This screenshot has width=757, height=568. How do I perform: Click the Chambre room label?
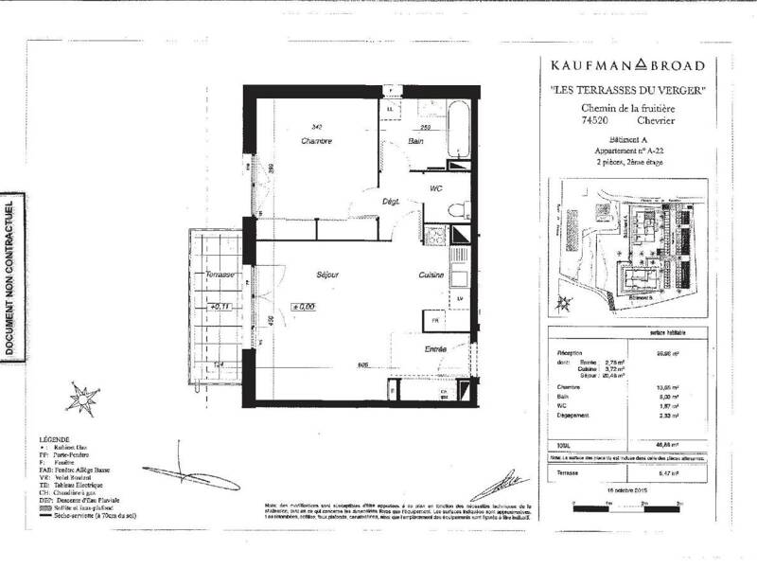(x=317, y=141)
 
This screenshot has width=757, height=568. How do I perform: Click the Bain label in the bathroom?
(x=415, y=141)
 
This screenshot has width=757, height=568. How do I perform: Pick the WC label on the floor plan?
(x=436, y=187)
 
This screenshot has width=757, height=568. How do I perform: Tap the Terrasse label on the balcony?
(x=220, y=275)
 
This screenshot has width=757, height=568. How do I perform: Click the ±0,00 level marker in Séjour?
(x=303, y=306)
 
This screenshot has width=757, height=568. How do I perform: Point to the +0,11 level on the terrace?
(x=220, y=306)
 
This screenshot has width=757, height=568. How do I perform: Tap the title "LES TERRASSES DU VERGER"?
(x=628, y=90)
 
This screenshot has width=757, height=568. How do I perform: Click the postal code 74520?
(x=595, y=120)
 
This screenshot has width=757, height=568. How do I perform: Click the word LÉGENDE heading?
(x=55, y=442)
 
